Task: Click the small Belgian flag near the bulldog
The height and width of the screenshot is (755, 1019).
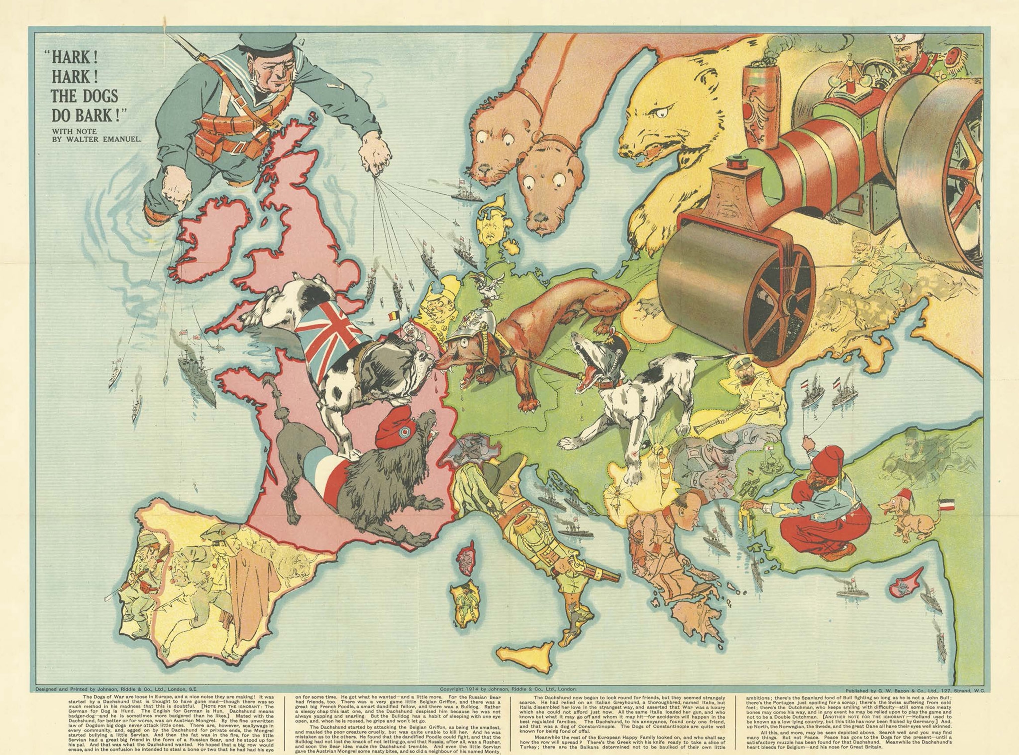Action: tap(391, 315)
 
